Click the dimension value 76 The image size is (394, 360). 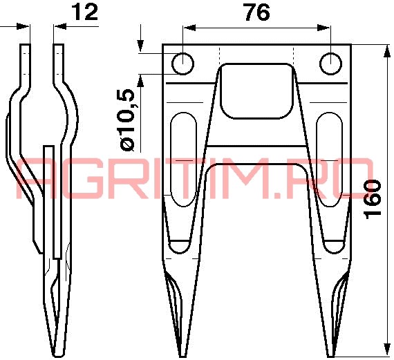[x=257, y=12]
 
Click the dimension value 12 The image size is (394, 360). [x=85, y=12]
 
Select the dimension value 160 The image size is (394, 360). [x=373, y=199]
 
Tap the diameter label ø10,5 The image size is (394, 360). [x=128, y=120]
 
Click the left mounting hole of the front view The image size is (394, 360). [x=182, y=64]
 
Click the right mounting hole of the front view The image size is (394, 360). [x=330, y=64]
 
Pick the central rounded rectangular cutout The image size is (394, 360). [x=256, y=91]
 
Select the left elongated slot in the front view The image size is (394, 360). [x=183, y=160]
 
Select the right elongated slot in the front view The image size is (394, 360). [x=329, y=160]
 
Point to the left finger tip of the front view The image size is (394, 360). [x=182, y=356]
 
